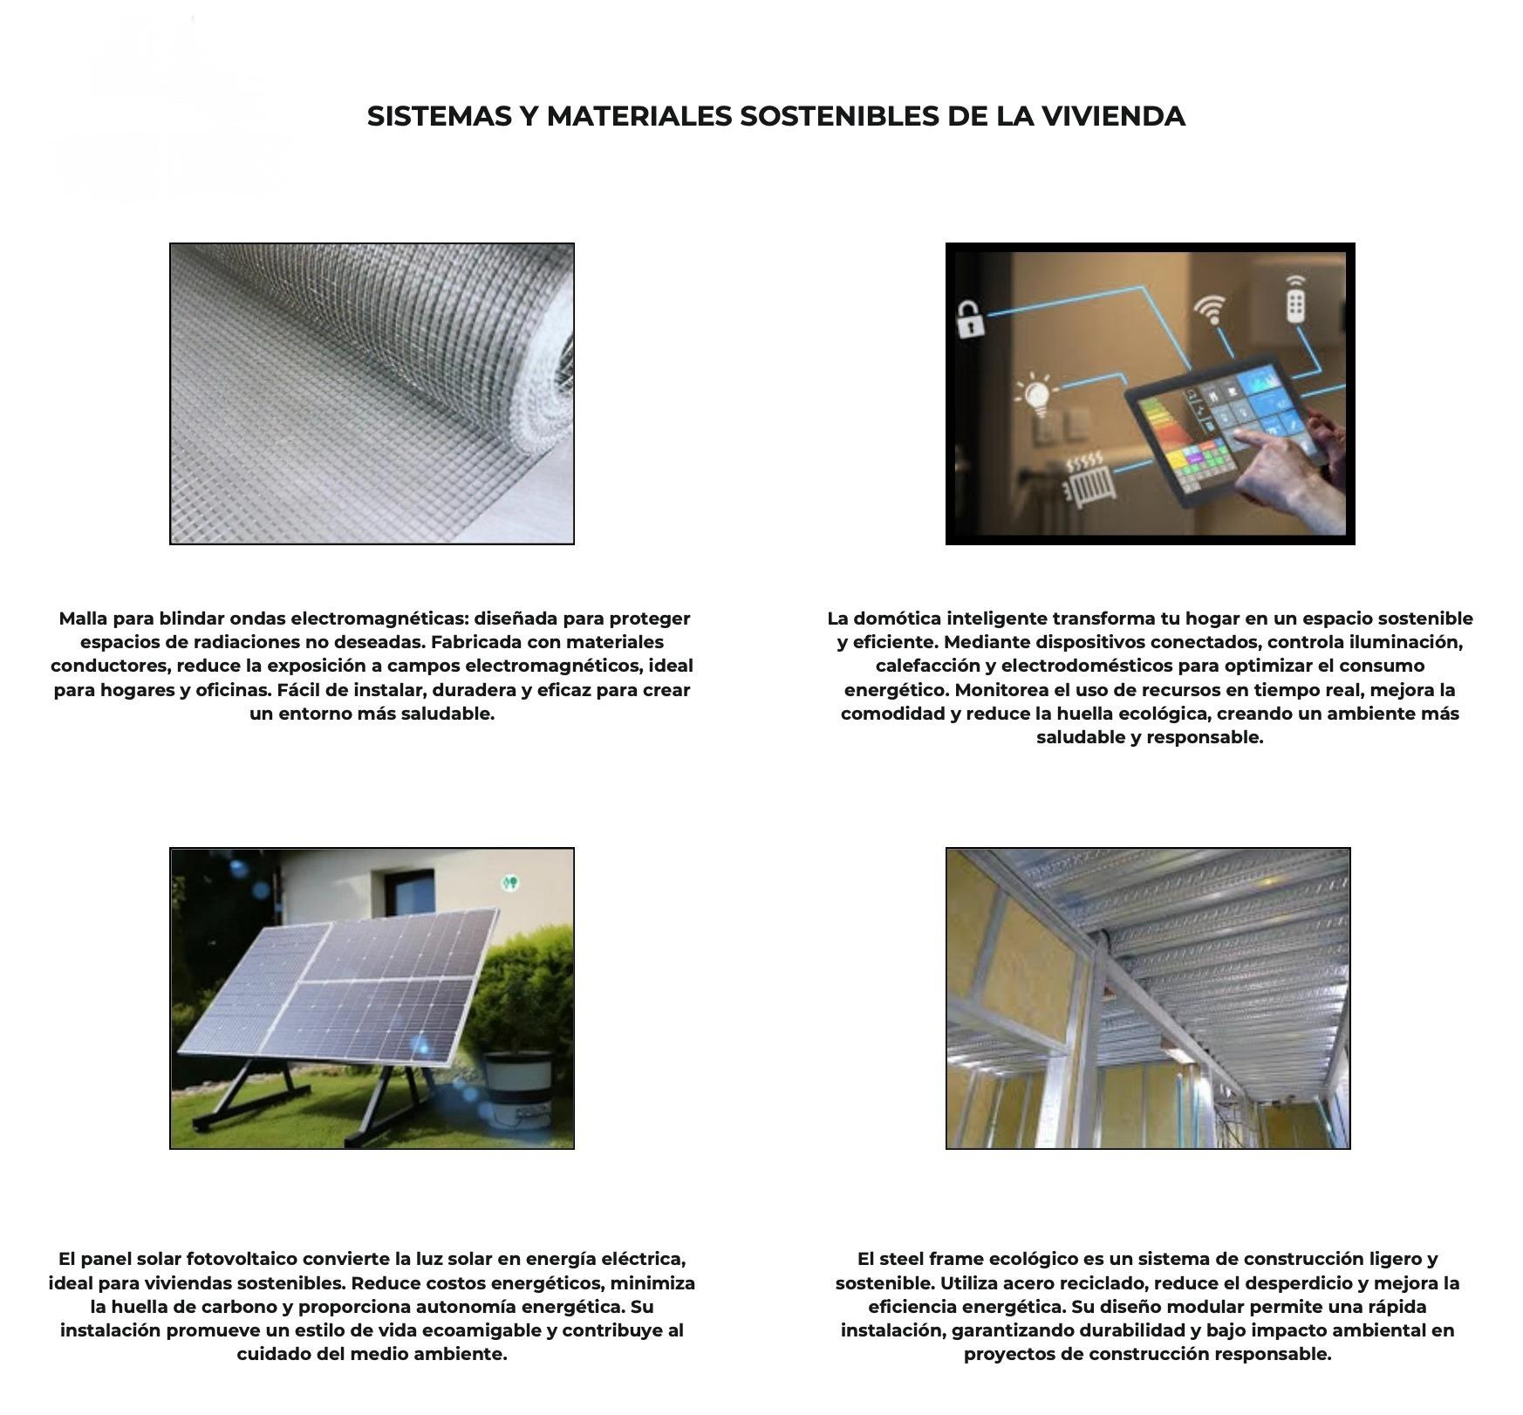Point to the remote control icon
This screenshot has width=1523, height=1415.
point(1296,298)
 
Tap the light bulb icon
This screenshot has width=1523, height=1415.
point(1035,394)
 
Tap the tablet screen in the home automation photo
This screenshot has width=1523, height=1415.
point(1221,427)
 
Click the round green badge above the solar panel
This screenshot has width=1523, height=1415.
point(511,883)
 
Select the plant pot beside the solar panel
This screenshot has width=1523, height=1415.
point(517,1082)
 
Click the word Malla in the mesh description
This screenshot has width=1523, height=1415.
point(84,619)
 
